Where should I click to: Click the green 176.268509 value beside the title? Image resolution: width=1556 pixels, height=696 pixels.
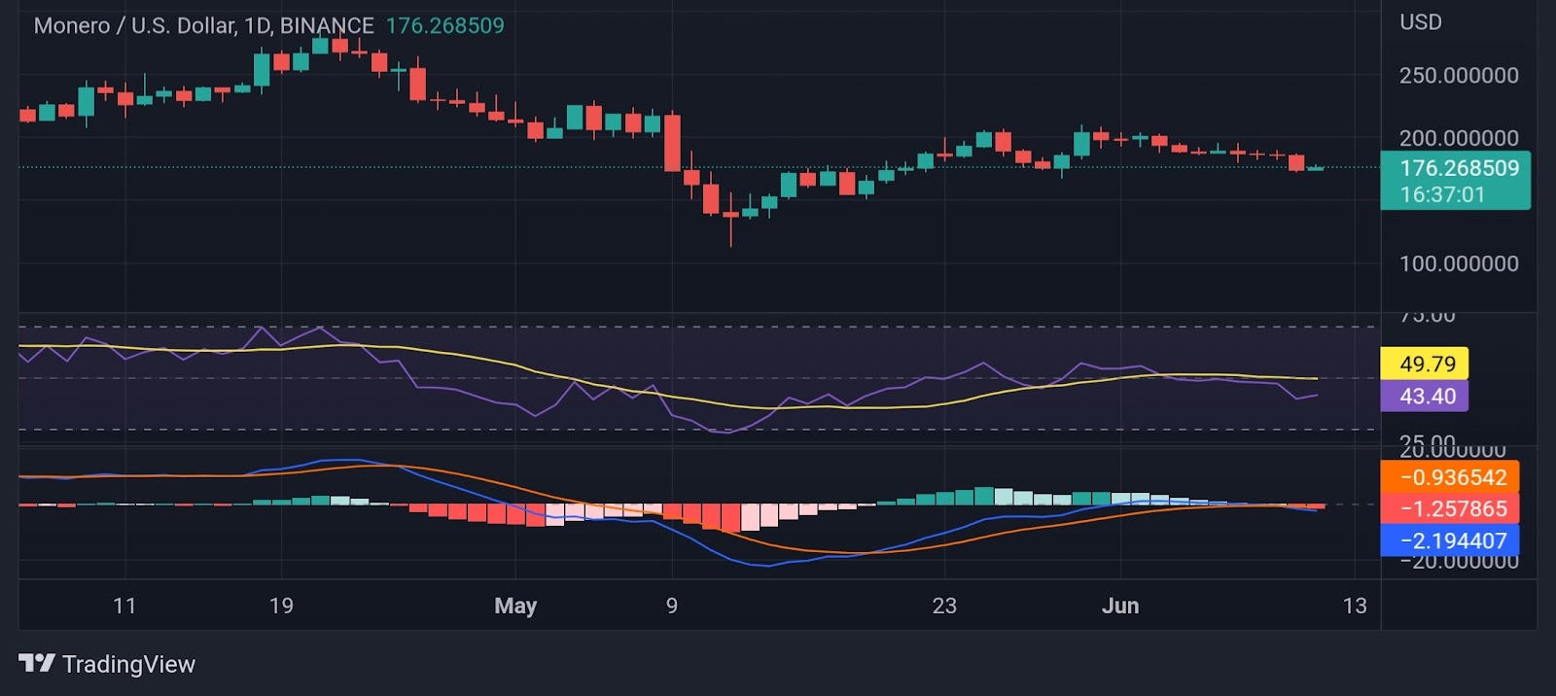[444, 26]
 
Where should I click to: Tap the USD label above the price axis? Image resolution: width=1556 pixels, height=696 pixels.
[1420, 22]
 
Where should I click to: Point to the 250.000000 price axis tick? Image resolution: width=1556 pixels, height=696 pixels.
[1458, 76]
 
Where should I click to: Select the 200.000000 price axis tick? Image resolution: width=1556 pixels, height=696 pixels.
[1458, 138]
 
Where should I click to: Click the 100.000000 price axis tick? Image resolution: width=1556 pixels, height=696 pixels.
[1458, 263]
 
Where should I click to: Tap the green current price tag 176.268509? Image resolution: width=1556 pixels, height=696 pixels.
[1458, 168]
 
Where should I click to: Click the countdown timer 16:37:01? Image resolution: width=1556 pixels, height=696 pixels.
[1442, 194]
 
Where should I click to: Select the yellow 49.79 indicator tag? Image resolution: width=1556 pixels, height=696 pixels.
[1427, 364]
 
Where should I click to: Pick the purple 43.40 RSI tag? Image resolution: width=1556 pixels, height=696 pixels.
[1427, 396]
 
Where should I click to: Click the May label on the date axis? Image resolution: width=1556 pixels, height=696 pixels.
[515, 606]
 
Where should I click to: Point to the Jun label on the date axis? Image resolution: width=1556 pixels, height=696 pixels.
[1120, 606]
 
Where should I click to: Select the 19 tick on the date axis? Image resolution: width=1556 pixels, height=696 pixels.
[281, 606]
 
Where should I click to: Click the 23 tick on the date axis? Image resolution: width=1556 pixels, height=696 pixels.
[944, 606]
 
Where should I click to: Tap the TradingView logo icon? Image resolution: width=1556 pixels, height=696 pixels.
[37, 664]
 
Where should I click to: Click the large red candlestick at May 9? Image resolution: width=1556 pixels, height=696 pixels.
[672, 143]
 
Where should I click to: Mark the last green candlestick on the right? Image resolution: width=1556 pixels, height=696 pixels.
[1316, 168]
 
